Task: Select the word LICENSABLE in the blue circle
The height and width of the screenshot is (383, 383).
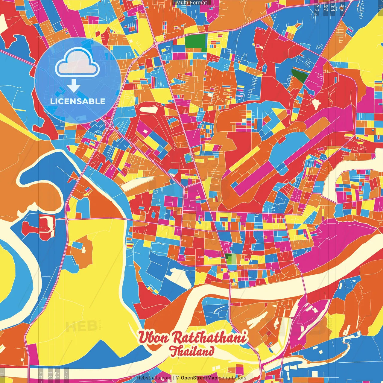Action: pyautogui.click(x=78, y=101)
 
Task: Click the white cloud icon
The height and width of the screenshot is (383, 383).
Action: pyautogui.click(x=77, y=63)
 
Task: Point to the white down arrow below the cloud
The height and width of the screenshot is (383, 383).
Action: pyautogui.click(x=74, y=85)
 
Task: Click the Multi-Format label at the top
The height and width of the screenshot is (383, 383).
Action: pyautogui.click(x=191, y=3)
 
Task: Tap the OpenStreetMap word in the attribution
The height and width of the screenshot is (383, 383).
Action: pyautogui.click(x=199, y=378)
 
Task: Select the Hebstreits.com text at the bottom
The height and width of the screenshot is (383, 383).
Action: pyautogui.click(x=154, y=378)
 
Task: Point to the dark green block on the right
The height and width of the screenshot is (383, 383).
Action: pyautogui.click(x=299, y=75)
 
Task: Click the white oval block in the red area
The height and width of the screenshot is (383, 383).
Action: pyautogui.click(x=148, y=110)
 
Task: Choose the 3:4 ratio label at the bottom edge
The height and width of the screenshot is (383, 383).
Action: pyautogui.click(x=50, y=374)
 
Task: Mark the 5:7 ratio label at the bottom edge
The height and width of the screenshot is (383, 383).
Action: pyautogui.click(x=57, y=374)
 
